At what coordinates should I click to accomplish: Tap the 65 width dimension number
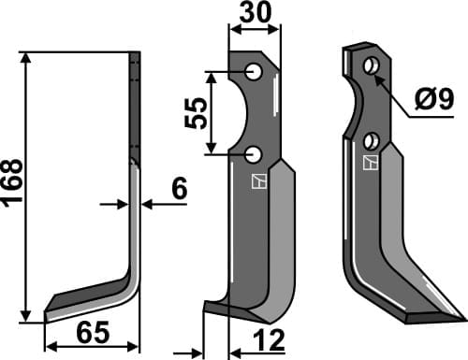coord(93,332)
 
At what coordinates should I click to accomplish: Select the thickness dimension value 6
coord(180,188)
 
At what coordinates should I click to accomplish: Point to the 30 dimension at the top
coord(256,12)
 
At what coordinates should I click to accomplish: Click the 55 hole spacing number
coord(196,113)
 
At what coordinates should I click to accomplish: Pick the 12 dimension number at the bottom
coord(270,339)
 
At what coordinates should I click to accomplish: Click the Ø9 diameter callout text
coord(434,99)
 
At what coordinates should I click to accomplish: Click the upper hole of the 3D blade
coord(372,65)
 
